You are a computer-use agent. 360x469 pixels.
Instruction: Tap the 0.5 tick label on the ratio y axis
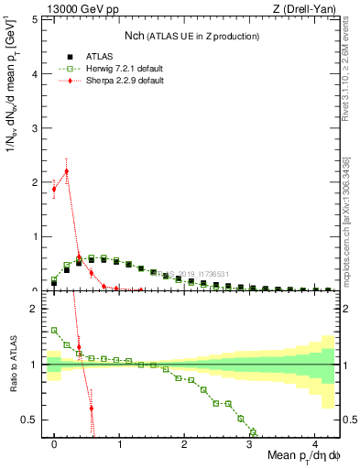30,420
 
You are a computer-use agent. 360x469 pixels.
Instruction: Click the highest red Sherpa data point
66,171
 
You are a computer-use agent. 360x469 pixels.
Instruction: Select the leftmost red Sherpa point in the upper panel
54,189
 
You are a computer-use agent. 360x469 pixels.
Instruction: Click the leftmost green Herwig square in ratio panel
54,330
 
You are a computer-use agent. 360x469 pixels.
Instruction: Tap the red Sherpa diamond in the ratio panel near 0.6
91,408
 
